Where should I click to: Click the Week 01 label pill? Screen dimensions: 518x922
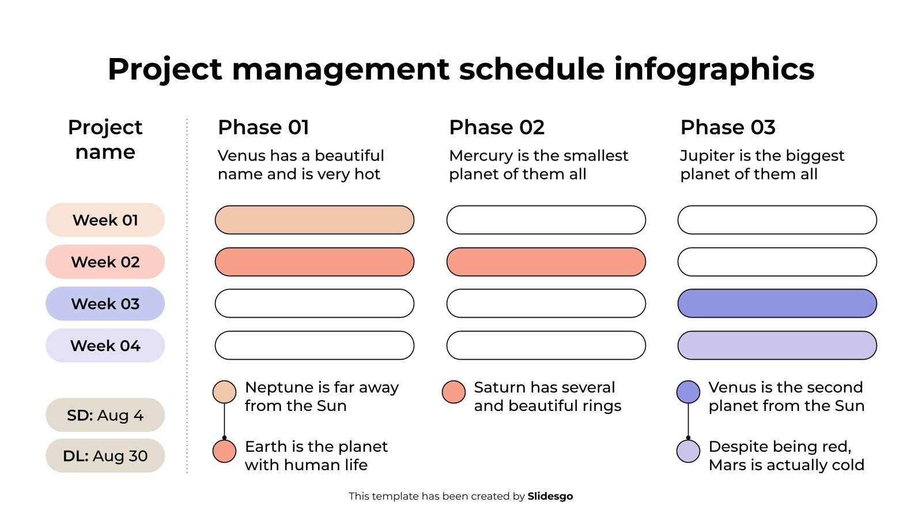click(105, 220)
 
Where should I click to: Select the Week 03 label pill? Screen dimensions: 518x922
click(105, 303)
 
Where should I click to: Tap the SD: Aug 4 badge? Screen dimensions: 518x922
click(105, 415)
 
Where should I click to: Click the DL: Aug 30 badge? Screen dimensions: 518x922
click(105, 456)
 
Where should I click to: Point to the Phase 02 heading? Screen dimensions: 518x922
click(496, 127)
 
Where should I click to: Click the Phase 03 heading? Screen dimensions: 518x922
click(727, 127)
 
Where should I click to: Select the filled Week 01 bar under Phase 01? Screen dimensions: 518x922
click(314, 220)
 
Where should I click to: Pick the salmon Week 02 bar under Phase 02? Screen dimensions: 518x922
click(546, 262)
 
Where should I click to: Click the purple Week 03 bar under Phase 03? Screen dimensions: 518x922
click(777, 303)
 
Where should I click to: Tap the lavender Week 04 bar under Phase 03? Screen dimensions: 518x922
click(777, 345)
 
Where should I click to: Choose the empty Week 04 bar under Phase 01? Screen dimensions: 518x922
click(314, 345)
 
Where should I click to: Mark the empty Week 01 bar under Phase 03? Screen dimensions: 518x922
click(777, 220)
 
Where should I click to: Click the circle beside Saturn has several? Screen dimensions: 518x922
click(454, 392)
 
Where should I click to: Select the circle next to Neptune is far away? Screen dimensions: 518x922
click(224, 392)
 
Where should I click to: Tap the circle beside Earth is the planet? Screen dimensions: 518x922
click(224, 451)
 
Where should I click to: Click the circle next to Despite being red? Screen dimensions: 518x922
click(688, 451)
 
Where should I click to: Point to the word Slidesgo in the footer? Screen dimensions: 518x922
click(550, 496)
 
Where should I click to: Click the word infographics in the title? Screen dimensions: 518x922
click(713, 69)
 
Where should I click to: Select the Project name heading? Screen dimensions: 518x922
click(105, 139)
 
